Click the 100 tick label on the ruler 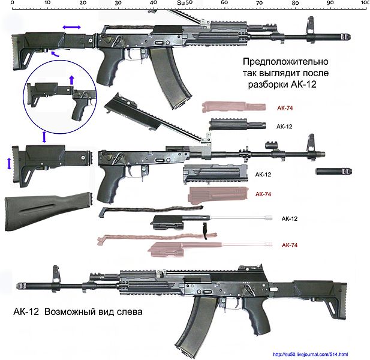coord(365,3)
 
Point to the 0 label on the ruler coord(13,3)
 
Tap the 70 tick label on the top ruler coord(259,3)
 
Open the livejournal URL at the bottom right coord(310,354)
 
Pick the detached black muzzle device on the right coord(333,172)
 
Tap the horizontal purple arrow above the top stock coord(72,28)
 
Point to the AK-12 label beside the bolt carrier coord(290,218)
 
